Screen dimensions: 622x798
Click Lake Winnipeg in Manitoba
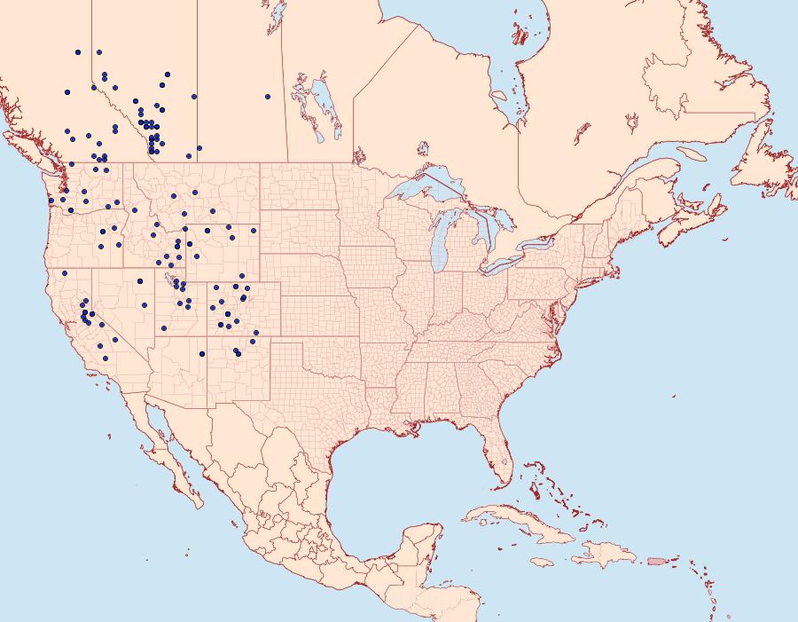323,106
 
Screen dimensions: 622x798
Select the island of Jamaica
543,562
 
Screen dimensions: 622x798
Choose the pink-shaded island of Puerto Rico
656,561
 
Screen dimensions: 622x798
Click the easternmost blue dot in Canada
268,97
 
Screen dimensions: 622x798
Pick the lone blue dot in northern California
65,272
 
